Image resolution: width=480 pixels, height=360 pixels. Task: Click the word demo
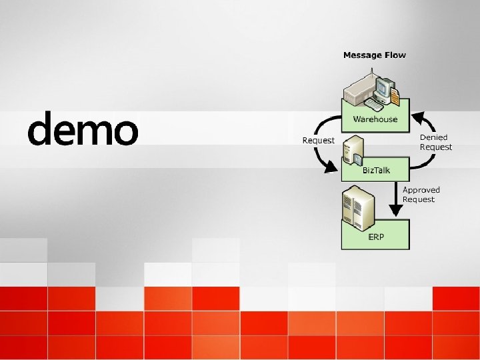83,129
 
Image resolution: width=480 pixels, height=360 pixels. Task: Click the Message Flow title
374,55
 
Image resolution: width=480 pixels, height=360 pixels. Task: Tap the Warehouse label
375,119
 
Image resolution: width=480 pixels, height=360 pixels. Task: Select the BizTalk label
376,171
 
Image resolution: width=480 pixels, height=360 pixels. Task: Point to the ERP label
376,237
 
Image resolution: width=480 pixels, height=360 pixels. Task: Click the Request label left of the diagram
318,141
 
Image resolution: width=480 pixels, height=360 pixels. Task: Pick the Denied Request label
435,142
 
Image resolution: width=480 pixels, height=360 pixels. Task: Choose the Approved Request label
421,195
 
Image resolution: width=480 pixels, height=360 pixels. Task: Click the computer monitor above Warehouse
383,88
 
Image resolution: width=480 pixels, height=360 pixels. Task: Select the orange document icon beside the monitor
395,96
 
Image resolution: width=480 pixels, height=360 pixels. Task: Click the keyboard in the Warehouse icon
373,105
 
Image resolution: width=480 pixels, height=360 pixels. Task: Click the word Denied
433,137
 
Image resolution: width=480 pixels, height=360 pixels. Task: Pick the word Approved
421,190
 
